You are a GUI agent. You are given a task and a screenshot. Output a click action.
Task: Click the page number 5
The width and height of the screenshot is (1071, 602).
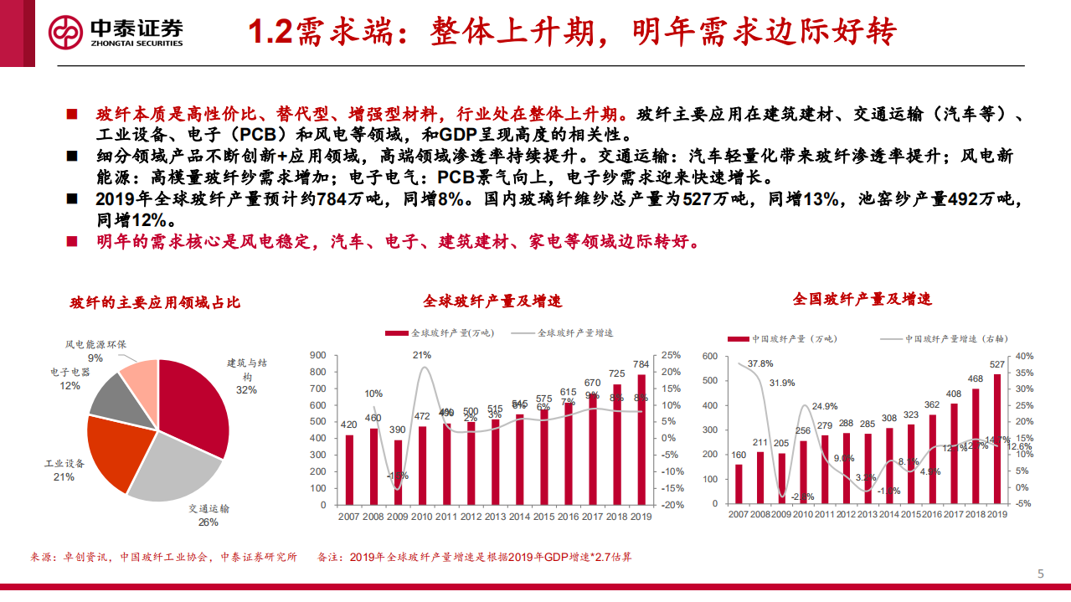tap(1041, 574)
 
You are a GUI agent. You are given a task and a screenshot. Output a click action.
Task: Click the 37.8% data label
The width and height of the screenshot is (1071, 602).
tap(759, 363)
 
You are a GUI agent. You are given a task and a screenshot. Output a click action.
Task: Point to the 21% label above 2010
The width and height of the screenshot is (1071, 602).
tap(422, 355)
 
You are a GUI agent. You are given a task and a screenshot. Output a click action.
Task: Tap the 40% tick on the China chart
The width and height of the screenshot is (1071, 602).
tap(1025, 356)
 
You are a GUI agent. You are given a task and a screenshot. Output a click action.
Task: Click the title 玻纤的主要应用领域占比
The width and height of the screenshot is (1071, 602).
tap(149, 303)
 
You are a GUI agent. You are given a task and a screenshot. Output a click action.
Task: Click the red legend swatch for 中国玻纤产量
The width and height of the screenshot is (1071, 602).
tap(738, 339)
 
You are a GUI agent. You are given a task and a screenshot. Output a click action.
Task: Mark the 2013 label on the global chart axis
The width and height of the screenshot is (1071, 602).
tap(495, 517)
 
